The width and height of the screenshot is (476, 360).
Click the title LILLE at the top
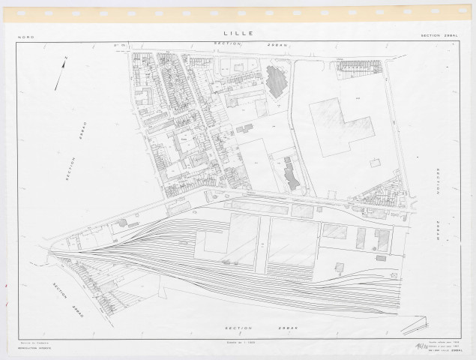(238, 33)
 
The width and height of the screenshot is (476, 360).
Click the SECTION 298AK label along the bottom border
(250, 328)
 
